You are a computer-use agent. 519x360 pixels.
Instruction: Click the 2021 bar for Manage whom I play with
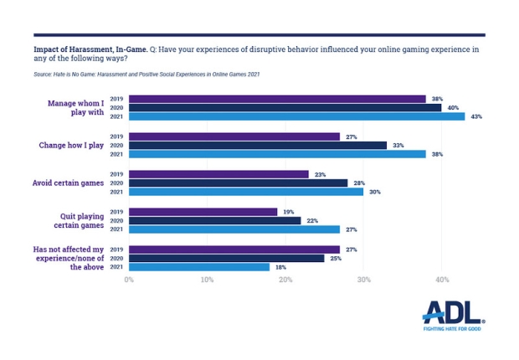coord(296,116)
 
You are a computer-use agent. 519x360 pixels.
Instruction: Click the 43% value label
coord(476,116)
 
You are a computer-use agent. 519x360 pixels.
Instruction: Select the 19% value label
coord(288,212)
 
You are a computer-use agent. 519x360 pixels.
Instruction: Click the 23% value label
coord(320,174)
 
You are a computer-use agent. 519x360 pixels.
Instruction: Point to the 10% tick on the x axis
coord(207,280)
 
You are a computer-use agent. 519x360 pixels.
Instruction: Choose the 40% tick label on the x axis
coord(441,280)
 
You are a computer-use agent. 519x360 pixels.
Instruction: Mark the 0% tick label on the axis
coord(129,280)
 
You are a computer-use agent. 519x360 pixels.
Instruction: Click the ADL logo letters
coord(452,314)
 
